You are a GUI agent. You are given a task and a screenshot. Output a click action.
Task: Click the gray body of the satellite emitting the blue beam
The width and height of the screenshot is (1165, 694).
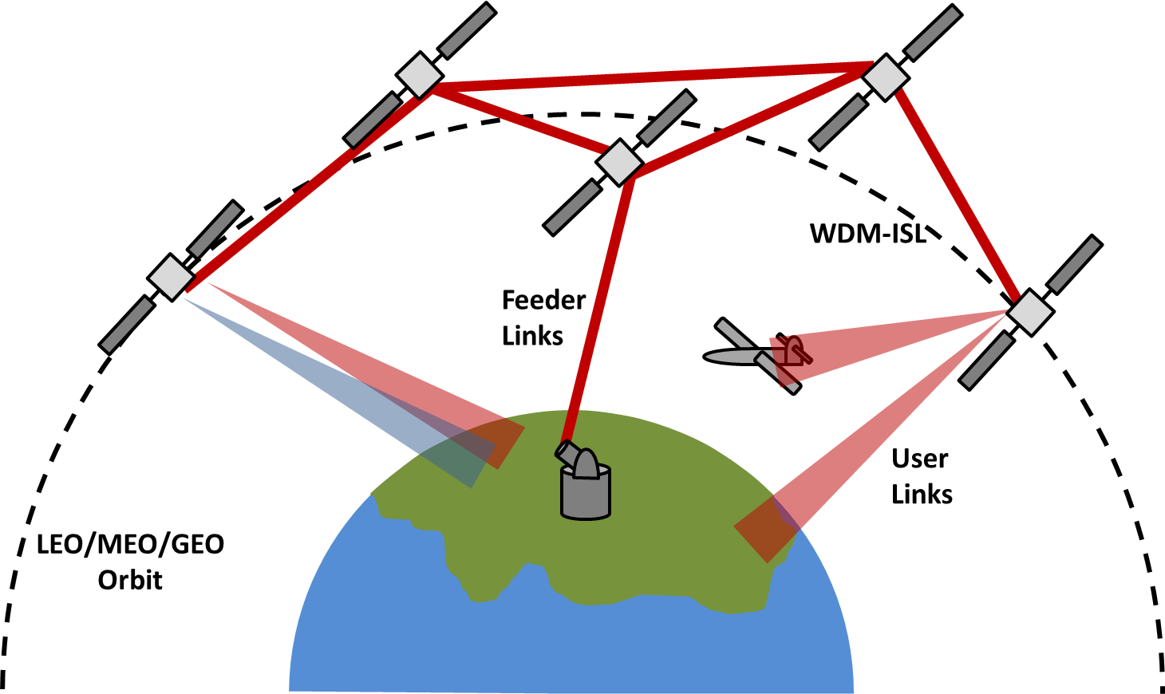[171, 278]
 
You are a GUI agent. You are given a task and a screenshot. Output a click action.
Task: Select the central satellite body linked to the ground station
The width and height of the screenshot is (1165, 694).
[619, 163]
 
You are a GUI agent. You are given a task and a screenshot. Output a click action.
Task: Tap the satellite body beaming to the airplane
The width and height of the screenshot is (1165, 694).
[1029, 313]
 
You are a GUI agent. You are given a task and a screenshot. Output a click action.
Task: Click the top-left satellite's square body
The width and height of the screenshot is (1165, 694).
[420, 76]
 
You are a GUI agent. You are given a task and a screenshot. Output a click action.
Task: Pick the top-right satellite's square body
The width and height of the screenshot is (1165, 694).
[885, 78]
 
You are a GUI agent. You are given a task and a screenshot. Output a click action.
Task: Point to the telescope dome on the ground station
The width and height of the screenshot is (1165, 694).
[586, 465]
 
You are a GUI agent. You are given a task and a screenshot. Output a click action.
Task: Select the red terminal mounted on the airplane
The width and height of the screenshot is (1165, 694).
[793, 351]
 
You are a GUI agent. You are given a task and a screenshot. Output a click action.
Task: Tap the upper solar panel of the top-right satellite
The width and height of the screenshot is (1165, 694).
[933, 33]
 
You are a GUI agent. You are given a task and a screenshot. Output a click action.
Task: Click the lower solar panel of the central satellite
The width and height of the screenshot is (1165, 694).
[572, 207]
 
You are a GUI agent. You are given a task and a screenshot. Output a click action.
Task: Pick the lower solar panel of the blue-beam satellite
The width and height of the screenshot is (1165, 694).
[127, 325]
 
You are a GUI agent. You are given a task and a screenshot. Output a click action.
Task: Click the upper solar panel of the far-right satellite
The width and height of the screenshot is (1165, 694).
[1074, 264]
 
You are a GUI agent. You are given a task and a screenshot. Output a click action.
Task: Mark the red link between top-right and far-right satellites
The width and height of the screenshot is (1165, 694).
[958, 195]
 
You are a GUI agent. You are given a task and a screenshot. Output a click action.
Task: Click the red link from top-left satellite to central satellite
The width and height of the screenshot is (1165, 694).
[519, 120]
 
